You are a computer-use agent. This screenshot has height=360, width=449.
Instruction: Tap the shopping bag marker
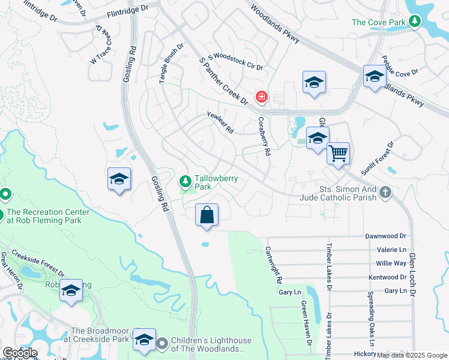[206, 215]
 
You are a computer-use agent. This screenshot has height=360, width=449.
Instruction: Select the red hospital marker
[262, 97]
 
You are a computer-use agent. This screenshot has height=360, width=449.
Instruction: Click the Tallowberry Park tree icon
[185, 181]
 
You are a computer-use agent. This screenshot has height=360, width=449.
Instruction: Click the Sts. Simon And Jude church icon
[385, 193]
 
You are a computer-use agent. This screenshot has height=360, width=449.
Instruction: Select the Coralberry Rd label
[263, 136]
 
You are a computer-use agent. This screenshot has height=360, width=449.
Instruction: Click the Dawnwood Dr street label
[386, 237]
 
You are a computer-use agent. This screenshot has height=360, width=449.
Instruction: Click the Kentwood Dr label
[387, 277]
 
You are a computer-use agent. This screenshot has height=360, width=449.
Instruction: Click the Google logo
[20, 353]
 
